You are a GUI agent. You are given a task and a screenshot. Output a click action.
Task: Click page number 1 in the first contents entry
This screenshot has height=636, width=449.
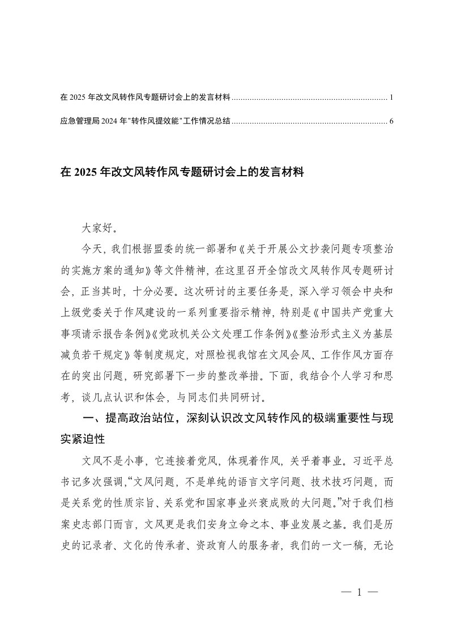[x=391, y=97]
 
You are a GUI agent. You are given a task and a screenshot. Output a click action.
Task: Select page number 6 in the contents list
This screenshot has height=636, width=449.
[x=391, y=121]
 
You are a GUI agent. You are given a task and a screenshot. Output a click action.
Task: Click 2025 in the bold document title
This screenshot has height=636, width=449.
[x=85, y=172]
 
